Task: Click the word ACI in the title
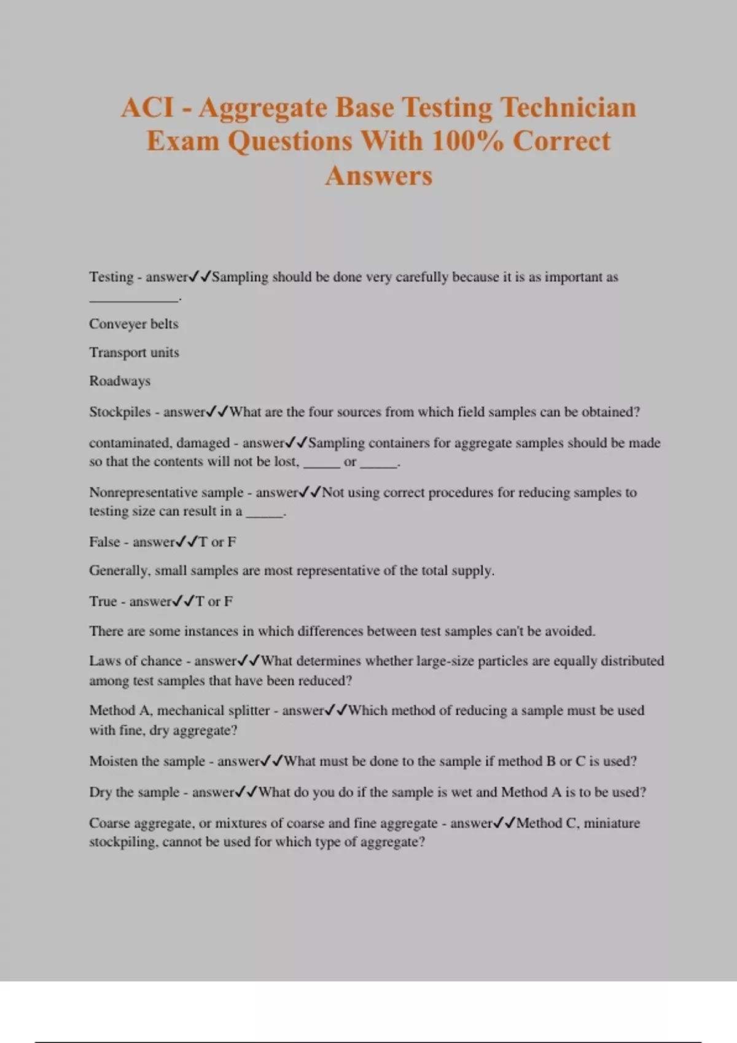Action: tap(147, 107)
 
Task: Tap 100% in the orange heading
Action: tap(467, 141)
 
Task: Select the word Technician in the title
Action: tap(568, 107)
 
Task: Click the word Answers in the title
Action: tap(379, 175)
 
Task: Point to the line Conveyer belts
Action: tap(133, 324)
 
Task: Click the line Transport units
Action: tap(134, 353)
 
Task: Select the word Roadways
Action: tap(120, 381)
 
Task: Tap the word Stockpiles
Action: tap(120, 412)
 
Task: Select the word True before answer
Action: tap(103, 601)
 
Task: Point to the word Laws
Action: tap(104, 661)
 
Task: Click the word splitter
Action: tap(249, 710)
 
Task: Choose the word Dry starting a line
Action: tap(100, 792)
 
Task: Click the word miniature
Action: tap(612, 823)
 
